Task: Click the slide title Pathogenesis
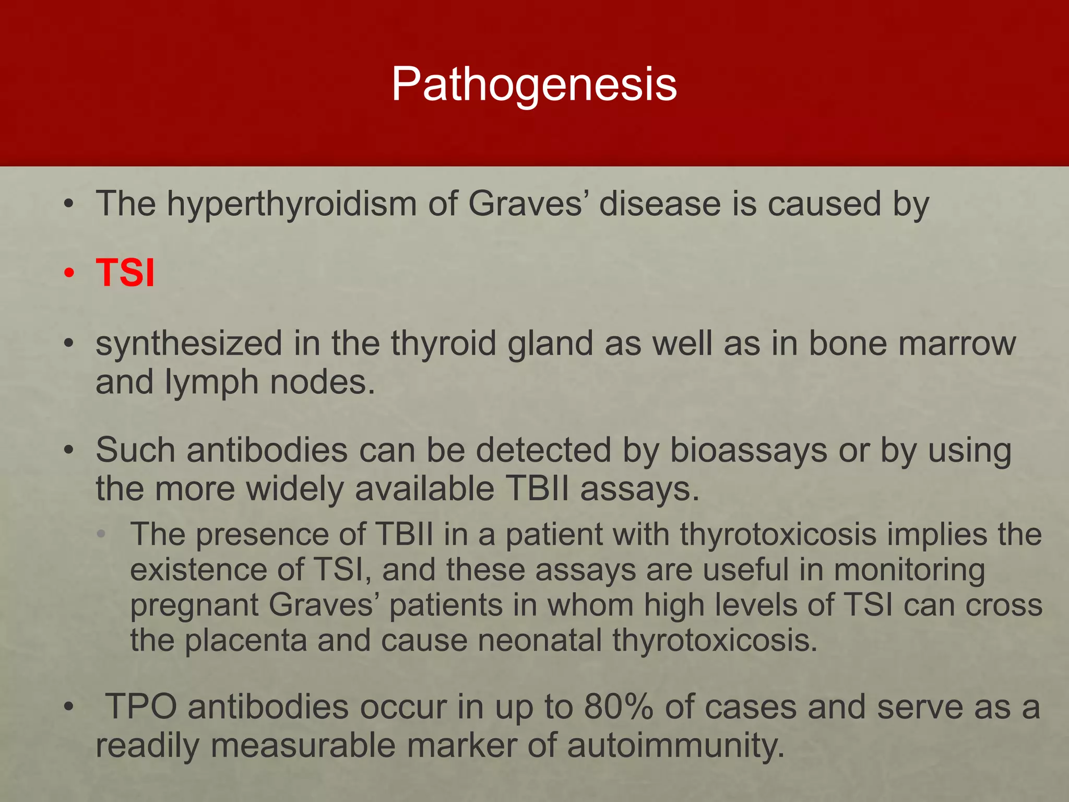click(534, 84)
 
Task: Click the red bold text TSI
click(125, 273)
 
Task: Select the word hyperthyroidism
click(291, 204)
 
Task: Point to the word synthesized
click(188, 345)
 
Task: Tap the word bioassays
click(748, 451)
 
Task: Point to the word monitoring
click(909, 570)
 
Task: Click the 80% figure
click(619, 707)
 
